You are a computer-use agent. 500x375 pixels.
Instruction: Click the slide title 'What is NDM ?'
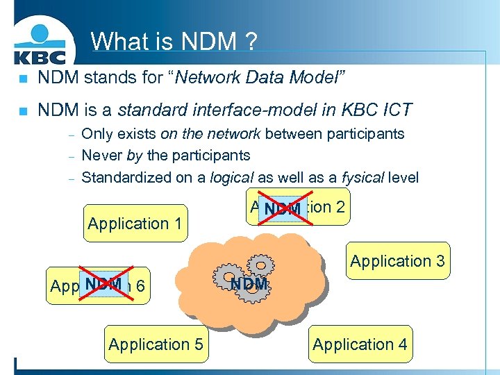click(x=174, y=42)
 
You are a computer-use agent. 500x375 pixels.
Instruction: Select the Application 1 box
click(x=135, y=224)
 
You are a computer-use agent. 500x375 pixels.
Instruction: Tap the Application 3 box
click(x=397, y=261)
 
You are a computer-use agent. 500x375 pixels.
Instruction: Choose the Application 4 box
click(x=360, y=344)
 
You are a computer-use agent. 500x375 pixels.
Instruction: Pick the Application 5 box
click(x=156, y=344)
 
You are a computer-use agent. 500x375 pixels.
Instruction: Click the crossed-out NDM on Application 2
click(x=282, y=208)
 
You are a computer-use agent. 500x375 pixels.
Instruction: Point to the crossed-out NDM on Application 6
click(x=103, y=285)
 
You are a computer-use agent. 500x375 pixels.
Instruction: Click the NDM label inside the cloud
click(x=249, y=284)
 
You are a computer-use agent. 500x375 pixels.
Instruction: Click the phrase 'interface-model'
click(x=250, y=110)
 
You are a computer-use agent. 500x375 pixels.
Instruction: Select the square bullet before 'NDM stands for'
click(x=23, y=78)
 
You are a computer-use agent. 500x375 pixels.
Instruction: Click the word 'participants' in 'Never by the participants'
click(x=211, y=155)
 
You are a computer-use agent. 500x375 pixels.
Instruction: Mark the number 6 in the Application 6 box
click(x=140, y=286)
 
